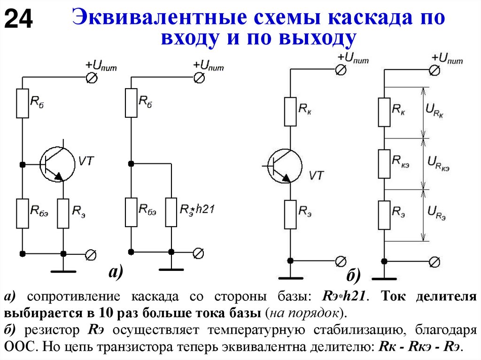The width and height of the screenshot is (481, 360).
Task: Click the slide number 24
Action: [x=18, y=20]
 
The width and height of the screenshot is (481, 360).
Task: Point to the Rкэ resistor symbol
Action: [x=384, y=164]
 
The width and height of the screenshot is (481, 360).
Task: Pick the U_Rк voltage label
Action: [x=435, y=111]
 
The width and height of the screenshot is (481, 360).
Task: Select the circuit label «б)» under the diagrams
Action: [x=353, y=276]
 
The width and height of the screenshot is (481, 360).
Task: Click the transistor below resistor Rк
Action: [x=284, y=165]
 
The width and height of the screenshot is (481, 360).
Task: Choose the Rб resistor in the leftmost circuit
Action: [x=22, y=104]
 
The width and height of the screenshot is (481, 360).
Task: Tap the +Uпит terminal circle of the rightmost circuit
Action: [x=435, y=70]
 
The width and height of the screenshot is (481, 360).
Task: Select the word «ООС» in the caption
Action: [x=19, y=347]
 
